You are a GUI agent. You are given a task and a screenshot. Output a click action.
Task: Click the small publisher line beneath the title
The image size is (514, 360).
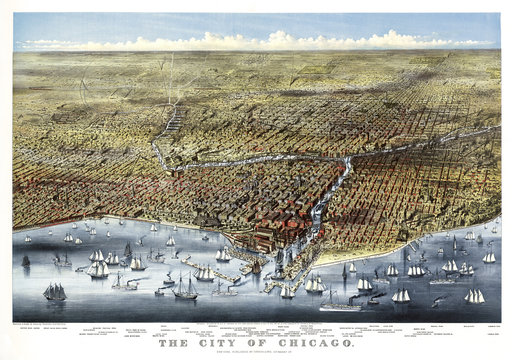point(256,353)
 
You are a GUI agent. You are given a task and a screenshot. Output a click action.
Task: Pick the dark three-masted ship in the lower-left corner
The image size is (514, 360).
point(54,292)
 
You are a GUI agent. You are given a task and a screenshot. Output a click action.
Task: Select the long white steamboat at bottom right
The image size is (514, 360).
point(340,306)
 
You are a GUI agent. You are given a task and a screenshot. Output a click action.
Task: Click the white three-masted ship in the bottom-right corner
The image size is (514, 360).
point(474,296)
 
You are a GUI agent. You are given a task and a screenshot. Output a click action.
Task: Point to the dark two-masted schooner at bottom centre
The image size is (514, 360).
point(186,291)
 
